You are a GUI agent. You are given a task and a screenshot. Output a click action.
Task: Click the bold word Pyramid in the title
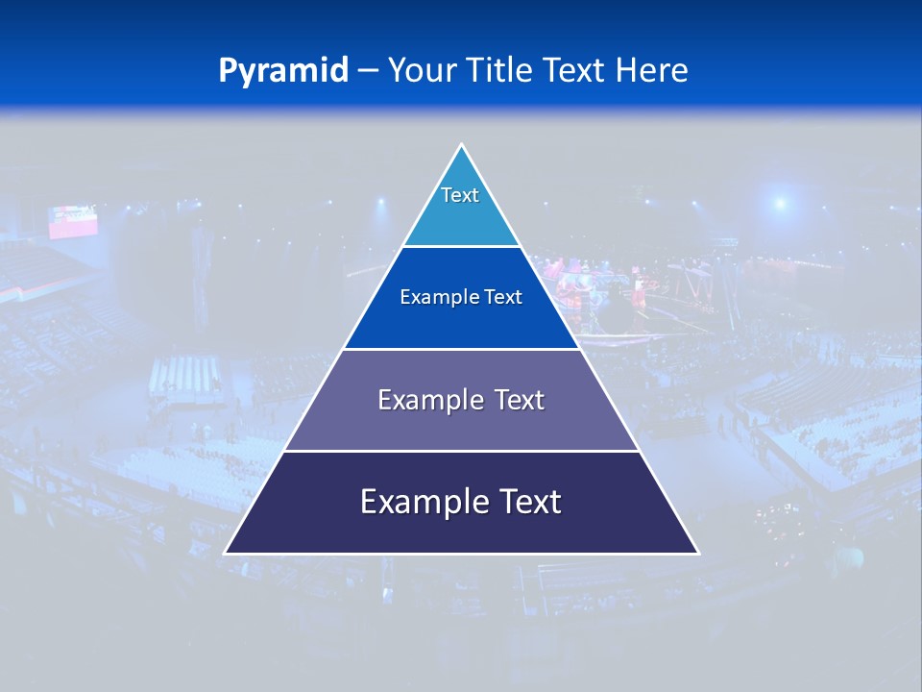(x=283, y=71)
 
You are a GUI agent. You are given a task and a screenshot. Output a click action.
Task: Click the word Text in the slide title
(x=575, y=71)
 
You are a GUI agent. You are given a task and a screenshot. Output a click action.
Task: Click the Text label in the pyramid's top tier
(x=460, y=195)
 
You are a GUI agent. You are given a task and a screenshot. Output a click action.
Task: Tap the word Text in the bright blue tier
(x=503, y=298)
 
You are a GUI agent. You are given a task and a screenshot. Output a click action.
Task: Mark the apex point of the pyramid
(x=461, y=145)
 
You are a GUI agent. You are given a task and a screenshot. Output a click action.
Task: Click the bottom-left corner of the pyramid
(x=226, y=553)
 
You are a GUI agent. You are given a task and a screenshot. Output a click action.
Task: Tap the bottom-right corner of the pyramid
(x=697, y=553)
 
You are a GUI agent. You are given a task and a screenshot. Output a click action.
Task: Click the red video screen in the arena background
(x=74, y=222)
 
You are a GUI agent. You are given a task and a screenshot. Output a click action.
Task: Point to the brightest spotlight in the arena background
(x=780, y=203)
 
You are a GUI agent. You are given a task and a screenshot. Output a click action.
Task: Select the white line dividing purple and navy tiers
(x=461, y=451)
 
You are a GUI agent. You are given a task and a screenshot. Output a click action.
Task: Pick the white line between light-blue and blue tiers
(x=461, y=246)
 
